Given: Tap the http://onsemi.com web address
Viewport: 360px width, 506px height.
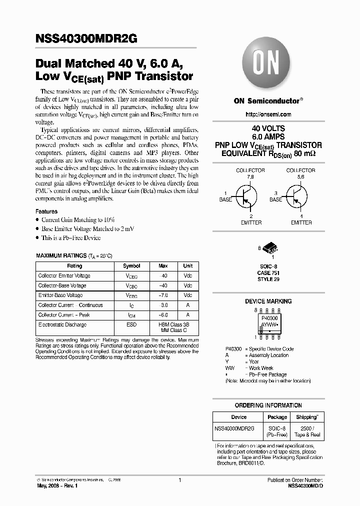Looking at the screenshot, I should [x=268, y=115].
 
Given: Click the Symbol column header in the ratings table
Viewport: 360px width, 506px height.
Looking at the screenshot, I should [x=131, y=266].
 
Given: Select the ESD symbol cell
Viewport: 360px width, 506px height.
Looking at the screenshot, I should [x=131, y=324].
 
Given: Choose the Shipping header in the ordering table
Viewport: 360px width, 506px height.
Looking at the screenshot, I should [x=306, y=417].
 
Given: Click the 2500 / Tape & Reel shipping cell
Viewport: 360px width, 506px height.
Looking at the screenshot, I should [x=306, y=432].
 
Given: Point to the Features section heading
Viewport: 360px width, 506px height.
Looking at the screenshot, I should [x=46, y=211].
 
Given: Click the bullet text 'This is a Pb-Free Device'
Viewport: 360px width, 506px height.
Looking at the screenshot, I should [x=71, y=237].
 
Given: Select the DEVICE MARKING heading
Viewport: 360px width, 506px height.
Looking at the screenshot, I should [x=268, y=301].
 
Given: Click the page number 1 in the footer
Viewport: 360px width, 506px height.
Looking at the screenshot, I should [x=179, y=480].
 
